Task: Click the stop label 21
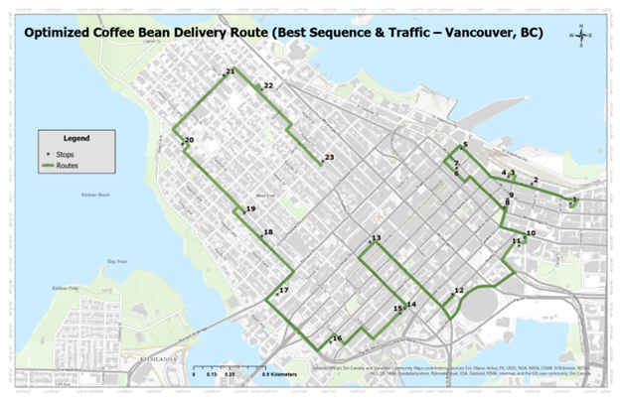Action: click(231, 72)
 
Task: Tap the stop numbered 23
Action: click(329, 158)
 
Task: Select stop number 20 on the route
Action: click(188, 141)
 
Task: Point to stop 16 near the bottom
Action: click(337, 338)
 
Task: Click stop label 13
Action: click(376, 238)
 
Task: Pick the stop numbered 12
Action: click(458, 290)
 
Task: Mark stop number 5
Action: click(464, 145)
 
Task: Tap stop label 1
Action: click(573, 200)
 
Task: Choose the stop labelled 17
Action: click(283, 290)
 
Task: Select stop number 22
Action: click(267, 86)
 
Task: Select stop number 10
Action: click(531, 233)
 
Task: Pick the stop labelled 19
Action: click(250, 209)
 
